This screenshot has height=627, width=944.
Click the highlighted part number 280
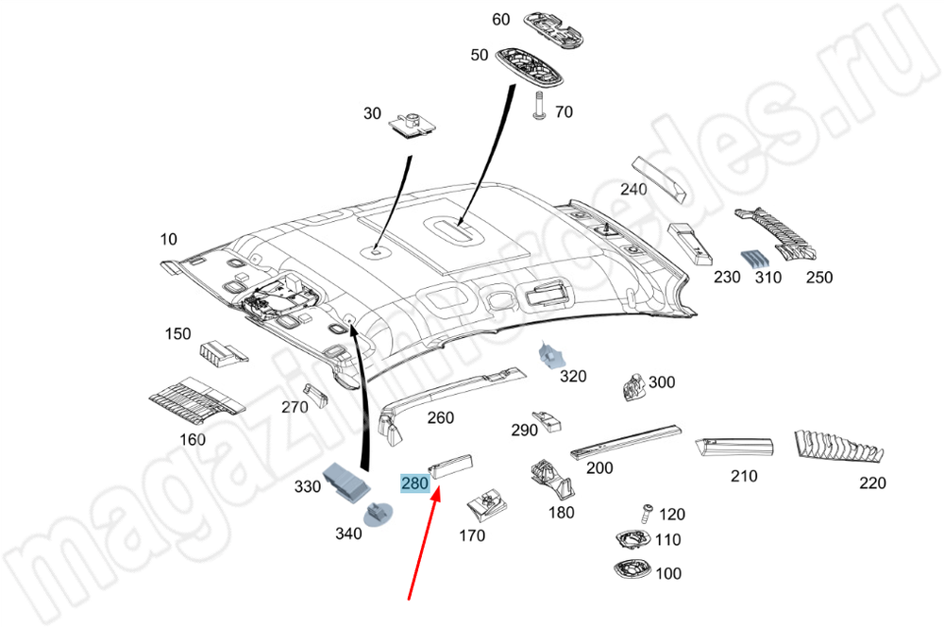[x=415, y=483]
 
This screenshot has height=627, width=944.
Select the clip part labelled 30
[x=412, y=124]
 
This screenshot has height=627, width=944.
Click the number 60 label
[x=500, y=20]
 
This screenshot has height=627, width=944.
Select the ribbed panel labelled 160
[x=195, y=400]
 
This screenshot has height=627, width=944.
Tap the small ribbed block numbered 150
[x=223, y=352]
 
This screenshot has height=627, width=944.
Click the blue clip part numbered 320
[x=550, y=355]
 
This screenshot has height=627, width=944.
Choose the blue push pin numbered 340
[x=380, y=516]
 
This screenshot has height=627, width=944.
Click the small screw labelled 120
[x=647, y=512]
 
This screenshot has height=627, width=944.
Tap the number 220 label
[x=872, y=483]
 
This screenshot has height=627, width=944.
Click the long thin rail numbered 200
[x=625, y=439]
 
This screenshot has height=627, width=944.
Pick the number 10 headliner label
[x=167, y=240]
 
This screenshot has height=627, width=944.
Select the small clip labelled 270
[x=313, y=394]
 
